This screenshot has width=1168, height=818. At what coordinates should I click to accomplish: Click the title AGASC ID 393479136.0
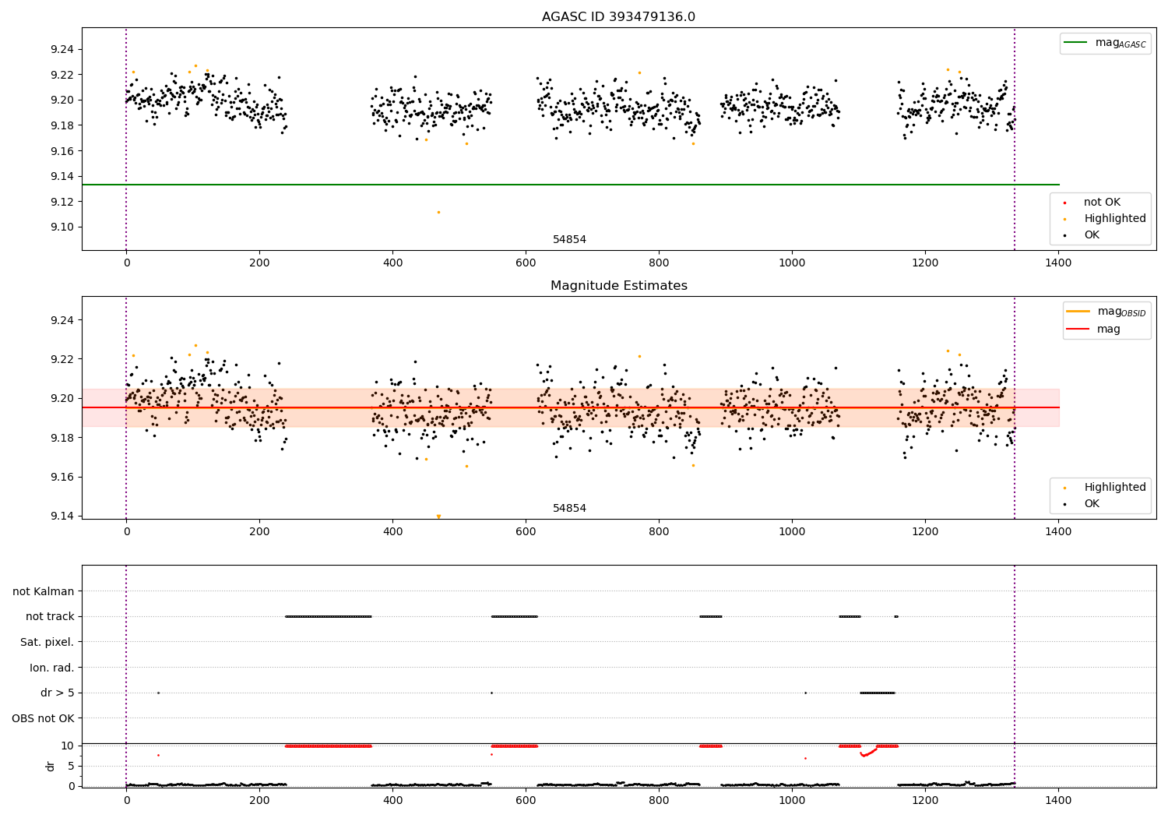tap(618, 17)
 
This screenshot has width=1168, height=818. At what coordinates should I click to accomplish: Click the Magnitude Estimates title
tap(618, 286)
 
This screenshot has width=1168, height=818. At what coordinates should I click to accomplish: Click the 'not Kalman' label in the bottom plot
tap(44, 591)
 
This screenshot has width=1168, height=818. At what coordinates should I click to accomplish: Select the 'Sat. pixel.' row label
tap(47, 642)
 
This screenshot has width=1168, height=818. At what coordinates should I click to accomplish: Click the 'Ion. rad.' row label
tap(51, 668)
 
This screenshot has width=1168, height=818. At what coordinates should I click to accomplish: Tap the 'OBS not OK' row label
tap(43, 718)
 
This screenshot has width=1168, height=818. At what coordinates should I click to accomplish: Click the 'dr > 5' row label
tap(57, 693)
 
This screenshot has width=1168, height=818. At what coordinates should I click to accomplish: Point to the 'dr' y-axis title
tap(51, 766)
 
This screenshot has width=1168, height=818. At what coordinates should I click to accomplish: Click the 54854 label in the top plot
tap(569, 240)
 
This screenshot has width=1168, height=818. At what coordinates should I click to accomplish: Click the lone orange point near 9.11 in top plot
tap(438, 212)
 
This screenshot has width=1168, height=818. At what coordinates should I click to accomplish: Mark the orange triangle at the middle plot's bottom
tap(438, 516)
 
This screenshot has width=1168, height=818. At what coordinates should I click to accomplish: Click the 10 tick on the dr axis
tap(68, 746)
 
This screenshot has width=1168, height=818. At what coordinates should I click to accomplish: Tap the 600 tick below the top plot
tap(526, 263)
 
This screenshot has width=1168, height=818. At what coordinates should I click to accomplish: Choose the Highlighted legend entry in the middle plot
tap(1114, 488)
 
